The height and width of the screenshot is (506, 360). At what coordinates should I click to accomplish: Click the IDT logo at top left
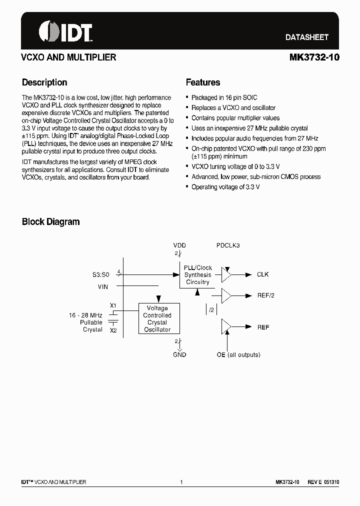point(65,31)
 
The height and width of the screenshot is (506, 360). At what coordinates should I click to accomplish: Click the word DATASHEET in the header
point(306,37)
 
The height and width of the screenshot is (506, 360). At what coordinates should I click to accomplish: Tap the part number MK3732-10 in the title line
point(314,57)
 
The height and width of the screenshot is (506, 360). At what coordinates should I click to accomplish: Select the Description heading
point(44,82)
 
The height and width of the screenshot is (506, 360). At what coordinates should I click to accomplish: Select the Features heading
point(202,82)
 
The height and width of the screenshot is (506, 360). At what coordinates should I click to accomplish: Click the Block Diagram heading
point(50,221)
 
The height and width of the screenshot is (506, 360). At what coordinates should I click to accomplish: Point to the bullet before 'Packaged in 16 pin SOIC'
point(187,98)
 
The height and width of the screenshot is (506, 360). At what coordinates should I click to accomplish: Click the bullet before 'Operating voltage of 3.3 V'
point(187,187)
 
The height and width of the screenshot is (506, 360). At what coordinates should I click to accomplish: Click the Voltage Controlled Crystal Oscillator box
point(157,318)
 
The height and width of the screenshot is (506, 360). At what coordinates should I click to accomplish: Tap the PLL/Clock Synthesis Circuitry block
point(197,275)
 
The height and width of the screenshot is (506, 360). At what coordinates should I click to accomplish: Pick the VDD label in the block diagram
point(179,245)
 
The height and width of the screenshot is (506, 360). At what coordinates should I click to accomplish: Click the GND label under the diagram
point(179,354)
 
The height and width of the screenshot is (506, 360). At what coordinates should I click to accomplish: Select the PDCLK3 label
point(228,245)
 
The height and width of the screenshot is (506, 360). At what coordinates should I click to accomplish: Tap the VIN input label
point(103,286)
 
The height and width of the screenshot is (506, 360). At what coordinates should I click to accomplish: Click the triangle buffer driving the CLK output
point(226,274)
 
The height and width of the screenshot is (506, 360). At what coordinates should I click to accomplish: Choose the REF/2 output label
point(265,295)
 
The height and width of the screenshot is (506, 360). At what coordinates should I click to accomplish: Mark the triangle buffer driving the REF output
point(226,327)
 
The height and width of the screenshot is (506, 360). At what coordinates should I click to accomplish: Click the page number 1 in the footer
point(181,482)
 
